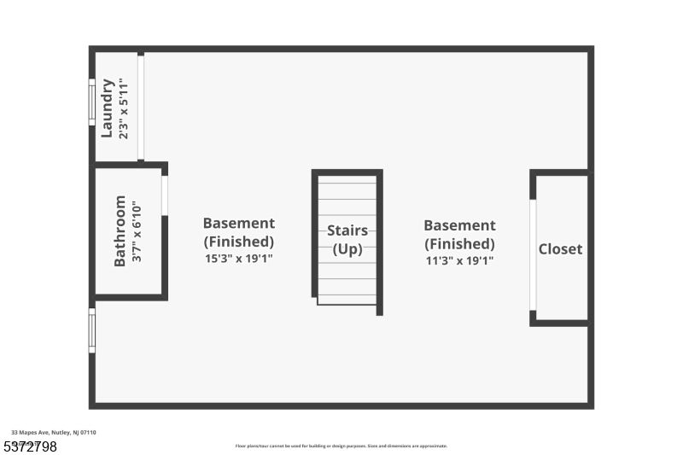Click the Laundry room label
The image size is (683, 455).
108,108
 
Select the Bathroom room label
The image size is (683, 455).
120,230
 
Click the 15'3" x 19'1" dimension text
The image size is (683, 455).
238,258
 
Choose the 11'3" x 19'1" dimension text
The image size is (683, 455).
459,260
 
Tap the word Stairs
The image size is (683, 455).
347,230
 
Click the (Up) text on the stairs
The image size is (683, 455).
347,249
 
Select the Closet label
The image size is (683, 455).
560,249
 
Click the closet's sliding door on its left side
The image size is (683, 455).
533,254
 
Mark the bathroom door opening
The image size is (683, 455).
165,195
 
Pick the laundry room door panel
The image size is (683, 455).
141,106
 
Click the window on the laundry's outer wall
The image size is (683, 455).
92,102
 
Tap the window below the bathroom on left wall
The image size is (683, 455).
92,330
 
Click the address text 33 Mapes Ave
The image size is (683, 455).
53,433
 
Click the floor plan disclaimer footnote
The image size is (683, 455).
341,446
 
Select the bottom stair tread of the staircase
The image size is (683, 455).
347,300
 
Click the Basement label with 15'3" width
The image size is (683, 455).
238,224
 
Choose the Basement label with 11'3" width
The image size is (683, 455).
459,225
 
